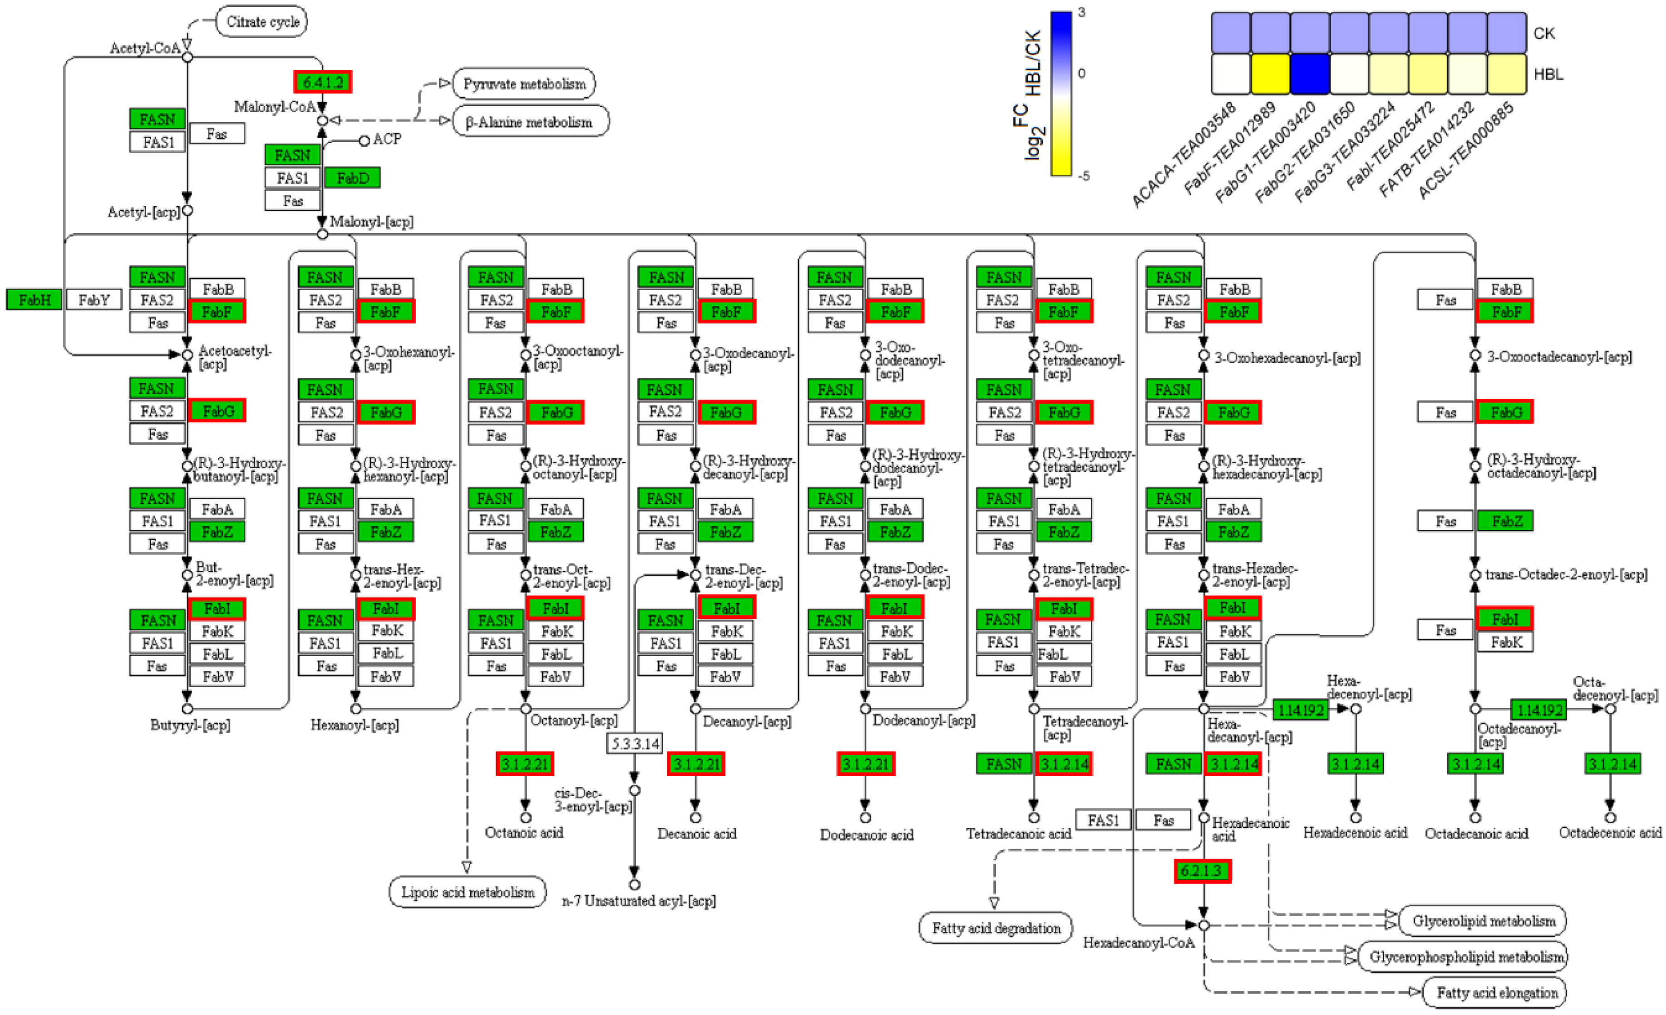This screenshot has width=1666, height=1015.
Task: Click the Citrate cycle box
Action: click(x=262, y=22)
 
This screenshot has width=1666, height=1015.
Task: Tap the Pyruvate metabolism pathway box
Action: click(x=524, y=84)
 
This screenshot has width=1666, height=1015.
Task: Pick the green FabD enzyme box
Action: click(x=352, y=178)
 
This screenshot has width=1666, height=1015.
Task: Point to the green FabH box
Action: click(x=35, y=300)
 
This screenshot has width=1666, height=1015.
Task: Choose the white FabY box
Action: click(x=94, y=300)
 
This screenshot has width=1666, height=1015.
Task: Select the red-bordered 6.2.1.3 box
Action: click(x=1202, y=870)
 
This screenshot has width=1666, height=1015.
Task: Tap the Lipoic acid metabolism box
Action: click(x=467, y=892)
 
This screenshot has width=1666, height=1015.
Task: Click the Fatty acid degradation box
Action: click(x=995, y=928)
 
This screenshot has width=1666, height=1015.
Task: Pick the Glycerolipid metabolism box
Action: click(x=1483, y=921)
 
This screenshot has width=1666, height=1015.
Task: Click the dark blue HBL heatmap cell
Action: click(x=1310, y=74)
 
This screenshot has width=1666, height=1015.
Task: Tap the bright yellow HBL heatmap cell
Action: click(x=1271, y=74)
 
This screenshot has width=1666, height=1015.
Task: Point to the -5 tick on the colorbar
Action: click(x=1084, y=176)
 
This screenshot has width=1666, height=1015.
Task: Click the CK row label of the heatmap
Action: click(x=1543, y=33)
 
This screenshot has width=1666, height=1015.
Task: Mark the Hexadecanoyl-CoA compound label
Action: click(x=1138, y=943)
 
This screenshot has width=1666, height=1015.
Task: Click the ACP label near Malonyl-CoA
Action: click(x=387, y=139)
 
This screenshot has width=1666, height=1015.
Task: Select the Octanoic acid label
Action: click(x=524, y=833)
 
